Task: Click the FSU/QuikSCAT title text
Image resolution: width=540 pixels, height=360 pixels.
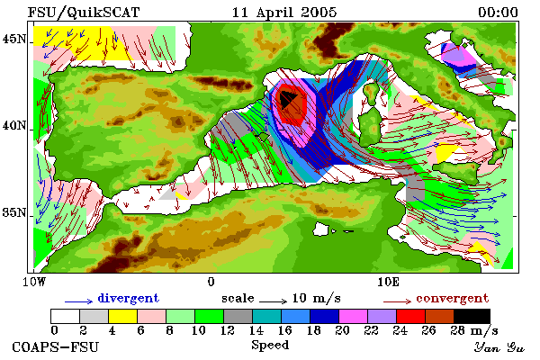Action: point(84,13)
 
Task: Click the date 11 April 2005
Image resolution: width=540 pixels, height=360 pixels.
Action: point(284,13)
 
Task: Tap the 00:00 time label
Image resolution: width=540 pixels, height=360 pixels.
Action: point(498,13)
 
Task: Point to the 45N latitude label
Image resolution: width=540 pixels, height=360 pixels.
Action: point(14,39)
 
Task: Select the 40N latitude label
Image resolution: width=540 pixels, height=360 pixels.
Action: point(14,126)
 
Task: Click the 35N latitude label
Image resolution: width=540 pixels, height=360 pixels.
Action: point(14,212)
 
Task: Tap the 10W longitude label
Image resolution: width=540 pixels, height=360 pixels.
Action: point(34,282)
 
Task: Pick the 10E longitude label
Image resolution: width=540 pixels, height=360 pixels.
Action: point(388,282)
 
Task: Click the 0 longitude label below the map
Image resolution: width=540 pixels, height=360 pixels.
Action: point(211,282)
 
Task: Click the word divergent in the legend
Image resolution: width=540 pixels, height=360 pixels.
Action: point(128,298)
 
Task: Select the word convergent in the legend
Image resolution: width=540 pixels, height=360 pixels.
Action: point(452,298)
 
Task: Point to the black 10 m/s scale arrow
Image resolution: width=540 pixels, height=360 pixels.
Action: point(273,301)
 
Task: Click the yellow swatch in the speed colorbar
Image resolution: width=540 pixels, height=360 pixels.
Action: point(122,316)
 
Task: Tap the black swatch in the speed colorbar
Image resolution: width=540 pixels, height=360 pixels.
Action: point(472,316)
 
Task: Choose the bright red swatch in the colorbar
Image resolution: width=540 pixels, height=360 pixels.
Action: point(410,316)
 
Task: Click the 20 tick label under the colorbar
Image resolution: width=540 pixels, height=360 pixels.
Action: point(342,330)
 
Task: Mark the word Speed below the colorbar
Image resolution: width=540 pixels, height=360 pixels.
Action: point(270,346)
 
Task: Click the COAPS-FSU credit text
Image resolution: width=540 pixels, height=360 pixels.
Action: point(55,346)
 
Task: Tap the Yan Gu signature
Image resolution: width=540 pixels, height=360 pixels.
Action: point(499,347)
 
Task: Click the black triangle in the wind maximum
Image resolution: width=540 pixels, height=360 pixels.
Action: point(286,100)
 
